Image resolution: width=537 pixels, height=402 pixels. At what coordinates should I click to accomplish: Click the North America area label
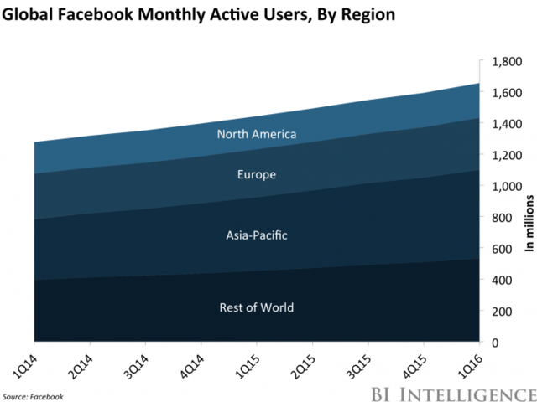click(x=257, y=134)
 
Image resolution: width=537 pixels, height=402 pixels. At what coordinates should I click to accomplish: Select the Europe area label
click(x=257, y=175)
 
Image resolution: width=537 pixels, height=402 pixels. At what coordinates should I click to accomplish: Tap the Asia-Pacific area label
click(x=257, y=235)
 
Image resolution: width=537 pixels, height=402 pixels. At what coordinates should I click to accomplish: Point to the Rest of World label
click(x=257, y=307)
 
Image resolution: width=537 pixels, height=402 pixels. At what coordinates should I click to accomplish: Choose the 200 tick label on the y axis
click(x=501, y=312)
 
